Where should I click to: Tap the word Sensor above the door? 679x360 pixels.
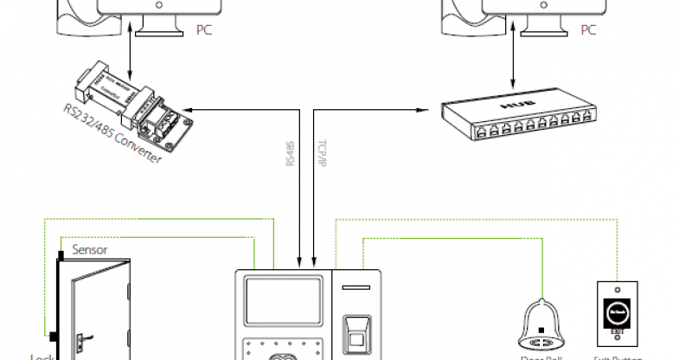point(90,249)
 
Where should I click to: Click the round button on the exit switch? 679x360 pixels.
point(617,311)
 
